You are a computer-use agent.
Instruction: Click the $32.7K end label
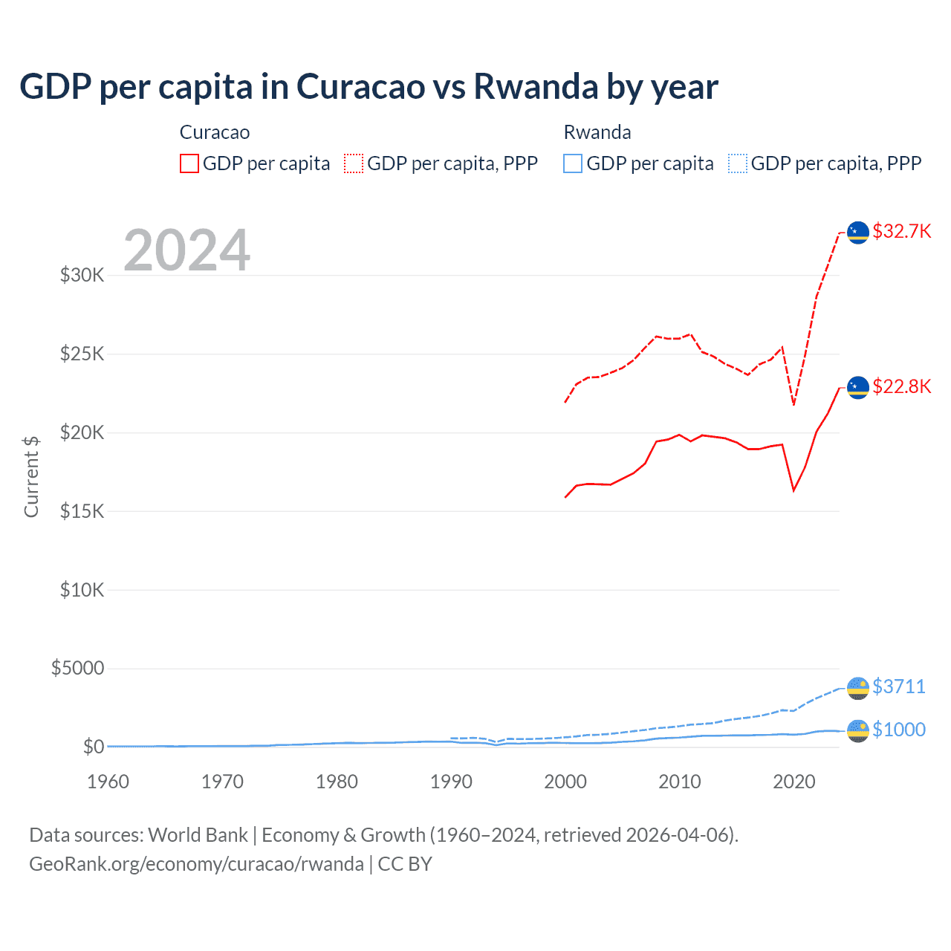pos(901,231)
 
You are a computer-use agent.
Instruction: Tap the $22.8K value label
pos(901,386)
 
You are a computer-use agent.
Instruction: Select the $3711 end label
pos(898,686)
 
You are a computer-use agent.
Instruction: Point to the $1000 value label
pos(898,730)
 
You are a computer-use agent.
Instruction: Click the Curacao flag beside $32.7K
pos(858,233)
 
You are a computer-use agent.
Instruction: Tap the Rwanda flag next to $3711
pos(858,688)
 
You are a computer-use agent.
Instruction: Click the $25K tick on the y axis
pos(82,354)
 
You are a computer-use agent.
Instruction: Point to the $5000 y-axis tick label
pos(77,668)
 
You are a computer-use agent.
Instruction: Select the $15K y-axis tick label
pos(82,511)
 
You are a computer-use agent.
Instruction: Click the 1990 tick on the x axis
pos(451,782)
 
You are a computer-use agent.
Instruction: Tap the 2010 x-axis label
pos(680,782)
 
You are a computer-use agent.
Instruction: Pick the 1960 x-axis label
pos(108,782)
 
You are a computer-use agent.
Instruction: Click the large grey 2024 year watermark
pos(186,250)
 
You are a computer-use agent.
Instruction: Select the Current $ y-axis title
pos(31,476)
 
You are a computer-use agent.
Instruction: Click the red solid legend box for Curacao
pos(189,163)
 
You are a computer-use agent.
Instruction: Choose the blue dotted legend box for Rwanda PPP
pos(738,163)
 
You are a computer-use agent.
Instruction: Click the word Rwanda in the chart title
pos(536,86)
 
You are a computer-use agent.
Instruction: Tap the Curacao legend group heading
pos(215,132)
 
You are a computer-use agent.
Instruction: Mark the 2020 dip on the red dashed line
pos(793,405)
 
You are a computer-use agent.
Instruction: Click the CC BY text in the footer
pos(405,864)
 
